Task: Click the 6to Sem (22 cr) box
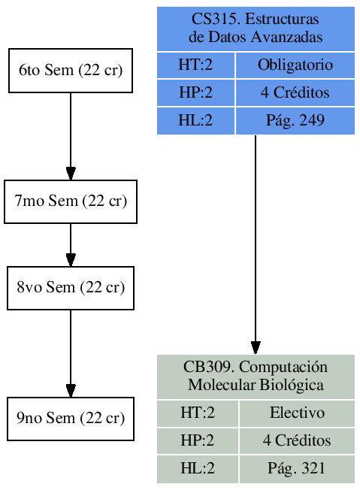[71, 71]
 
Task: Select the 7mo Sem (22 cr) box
[71, 201]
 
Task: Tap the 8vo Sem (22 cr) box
[71, 288]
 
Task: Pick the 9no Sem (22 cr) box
[71, 419]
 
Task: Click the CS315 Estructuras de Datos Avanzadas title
[256, 29]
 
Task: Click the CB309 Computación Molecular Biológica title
[256, 377]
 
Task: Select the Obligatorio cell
[295, 65]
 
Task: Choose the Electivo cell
[296, 413]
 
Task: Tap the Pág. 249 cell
[295, 120]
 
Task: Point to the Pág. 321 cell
[296, 468]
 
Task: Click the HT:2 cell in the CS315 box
[195, 65]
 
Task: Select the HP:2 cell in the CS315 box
[195, 93]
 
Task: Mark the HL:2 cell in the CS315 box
[195, 120]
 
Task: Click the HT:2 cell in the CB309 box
[198, 413]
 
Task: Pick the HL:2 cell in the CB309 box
[198, 468]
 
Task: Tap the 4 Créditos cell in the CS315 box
[295, 93]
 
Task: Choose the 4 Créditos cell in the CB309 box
[296, 440]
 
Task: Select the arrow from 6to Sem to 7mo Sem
[71, 136]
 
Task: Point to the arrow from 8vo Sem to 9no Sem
[71, 353]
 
